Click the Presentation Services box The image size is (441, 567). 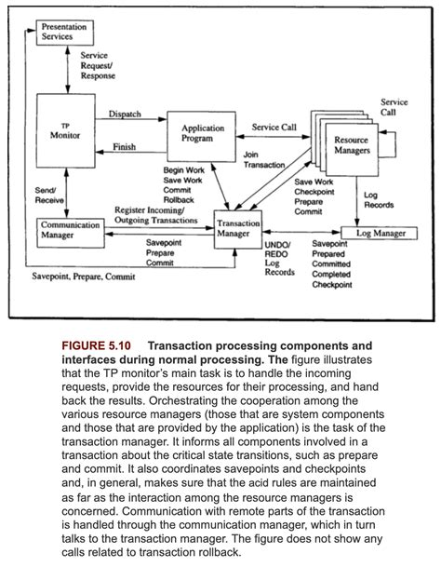pos(64,32)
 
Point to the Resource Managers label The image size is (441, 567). pos(350,145)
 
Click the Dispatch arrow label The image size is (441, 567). pos(125,114)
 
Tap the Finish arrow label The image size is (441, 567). pos(123,147)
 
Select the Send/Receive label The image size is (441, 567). pos(47,194)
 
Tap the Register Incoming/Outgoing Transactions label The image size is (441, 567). pos(163,215)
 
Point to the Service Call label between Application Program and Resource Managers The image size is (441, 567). pos(275,127)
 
